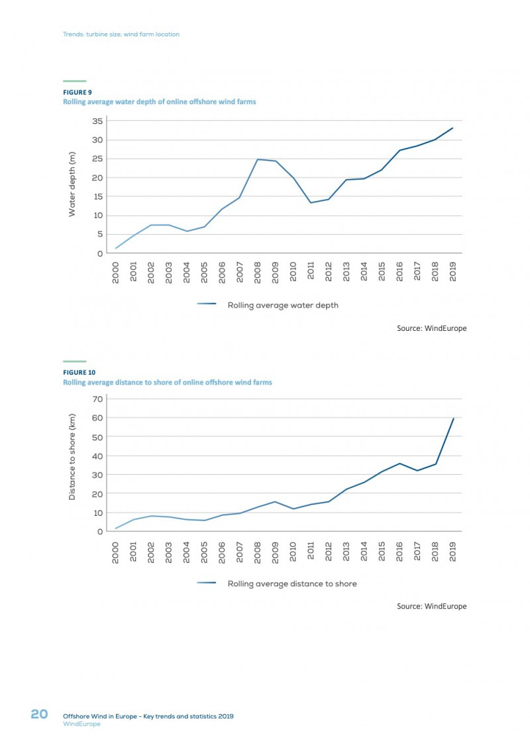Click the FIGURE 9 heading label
78,92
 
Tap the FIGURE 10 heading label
79,373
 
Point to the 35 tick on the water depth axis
97,121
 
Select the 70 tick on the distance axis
97,399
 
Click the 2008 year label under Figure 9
258,272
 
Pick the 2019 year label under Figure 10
453,552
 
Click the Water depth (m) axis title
72,184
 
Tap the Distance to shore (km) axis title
72,457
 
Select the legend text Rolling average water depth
283,305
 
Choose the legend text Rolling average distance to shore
292,584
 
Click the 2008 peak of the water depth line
258,159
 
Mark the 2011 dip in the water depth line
311,203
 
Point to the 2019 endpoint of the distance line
453,418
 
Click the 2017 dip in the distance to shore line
417,471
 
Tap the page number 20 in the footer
39,714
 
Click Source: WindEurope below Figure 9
431,328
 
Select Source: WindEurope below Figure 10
431,606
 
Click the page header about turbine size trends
121,34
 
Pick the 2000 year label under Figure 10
116,552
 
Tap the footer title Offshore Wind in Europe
99,716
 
